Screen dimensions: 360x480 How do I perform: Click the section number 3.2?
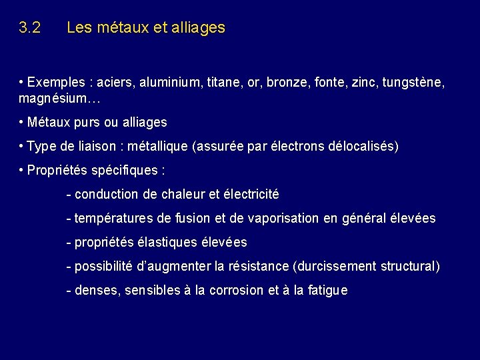coord(30,28)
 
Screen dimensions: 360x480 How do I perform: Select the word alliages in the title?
coord(197,28)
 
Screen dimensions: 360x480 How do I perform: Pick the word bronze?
coord(289,83)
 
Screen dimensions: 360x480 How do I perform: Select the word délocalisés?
coord(363,147)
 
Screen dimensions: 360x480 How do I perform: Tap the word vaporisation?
coord(301,219)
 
